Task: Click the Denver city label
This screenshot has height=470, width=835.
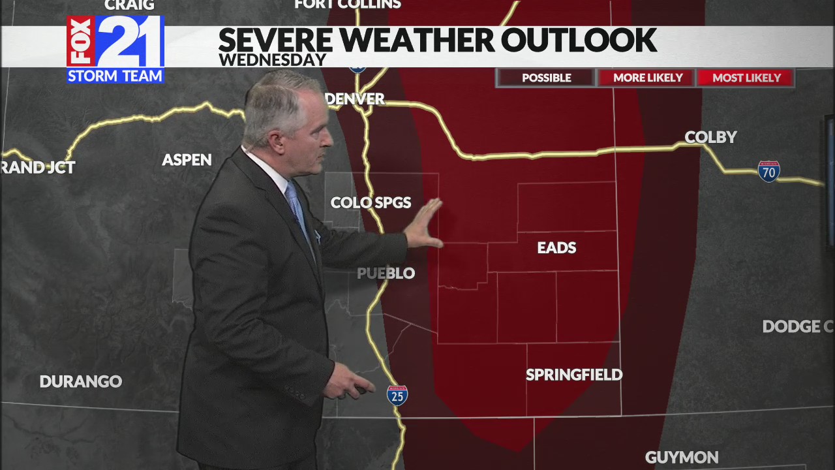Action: point(355,99)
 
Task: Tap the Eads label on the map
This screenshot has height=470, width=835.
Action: point(556,247)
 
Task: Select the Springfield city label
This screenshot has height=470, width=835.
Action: point(574,375)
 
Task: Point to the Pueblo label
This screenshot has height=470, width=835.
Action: point(386,273)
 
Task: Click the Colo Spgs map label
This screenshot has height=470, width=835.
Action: point(371,202)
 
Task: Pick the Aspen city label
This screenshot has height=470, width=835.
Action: point(187,160)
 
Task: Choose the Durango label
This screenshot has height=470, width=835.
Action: point(81,381)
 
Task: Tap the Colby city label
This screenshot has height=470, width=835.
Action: point(710,137)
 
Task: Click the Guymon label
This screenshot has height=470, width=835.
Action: point(682,457)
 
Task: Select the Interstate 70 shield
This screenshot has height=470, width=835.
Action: point(768,171)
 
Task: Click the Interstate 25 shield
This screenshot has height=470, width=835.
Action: point(397,395)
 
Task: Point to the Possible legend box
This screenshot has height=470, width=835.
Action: point(546,78)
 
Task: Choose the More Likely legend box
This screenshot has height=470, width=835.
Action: point(647,78)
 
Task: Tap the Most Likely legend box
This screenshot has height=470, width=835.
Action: point(746,78)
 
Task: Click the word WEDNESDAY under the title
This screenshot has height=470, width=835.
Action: point(272,60)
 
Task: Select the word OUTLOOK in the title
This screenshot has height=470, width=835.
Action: point(578,40)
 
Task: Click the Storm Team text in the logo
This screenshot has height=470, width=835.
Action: point(115,76)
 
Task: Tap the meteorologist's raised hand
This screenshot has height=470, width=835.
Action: point(424,225)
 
